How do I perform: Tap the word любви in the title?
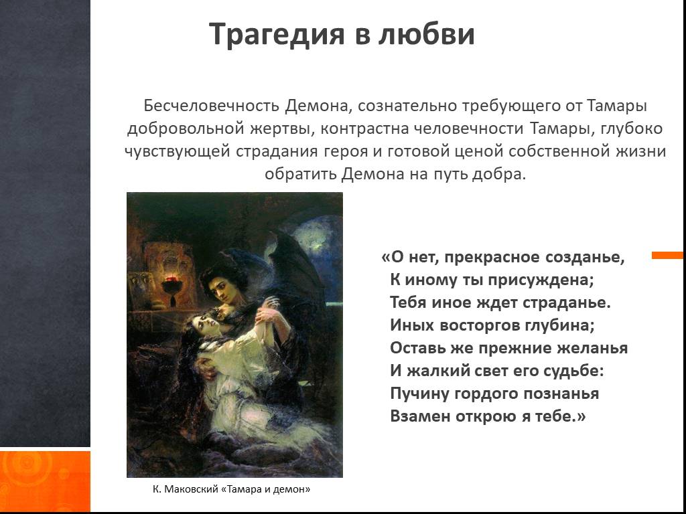(x=427, y=33)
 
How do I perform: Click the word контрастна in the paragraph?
(x=365, y=128)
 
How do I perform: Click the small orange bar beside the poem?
(x=667, y=255)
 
